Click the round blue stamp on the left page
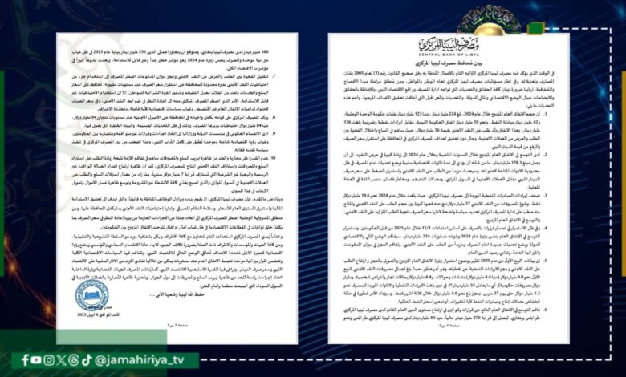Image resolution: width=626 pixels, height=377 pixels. pos(92,295)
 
